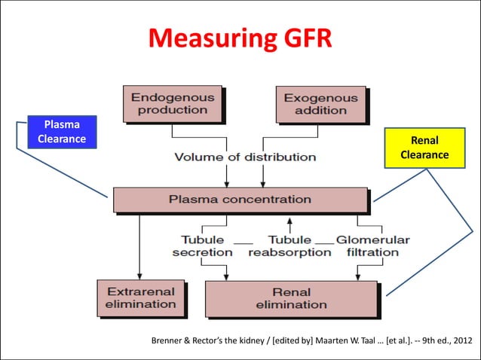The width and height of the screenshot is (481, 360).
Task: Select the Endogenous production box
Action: tap(173, 104)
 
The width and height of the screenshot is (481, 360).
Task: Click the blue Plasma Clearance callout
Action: tap(63, 131)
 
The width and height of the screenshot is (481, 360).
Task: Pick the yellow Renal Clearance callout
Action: tap(424, 147)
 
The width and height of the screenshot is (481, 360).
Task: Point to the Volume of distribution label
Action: tap(245, 157)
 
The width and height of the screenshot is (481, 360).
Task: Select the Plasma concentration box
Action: tap(240, 200)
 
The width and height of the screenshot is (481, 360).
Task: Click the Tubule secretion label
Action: tap(202, 246)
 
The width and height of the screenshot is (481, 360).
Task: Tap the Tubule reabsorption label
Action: tap(290, 246)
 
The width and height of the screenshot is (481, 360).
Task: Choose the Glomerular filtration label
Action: tap(372, 246)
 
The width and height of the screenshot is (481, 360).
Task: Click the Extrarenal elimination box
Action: tap(141, 297)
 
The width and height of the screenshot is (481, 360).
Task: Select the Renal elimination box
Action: tap(291, 298)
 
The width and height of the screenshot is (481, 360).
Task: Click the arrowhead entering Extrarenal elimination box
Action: tap(139, 276)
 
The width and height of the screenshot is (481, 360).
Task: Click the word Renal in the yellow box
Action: tap(424, 140)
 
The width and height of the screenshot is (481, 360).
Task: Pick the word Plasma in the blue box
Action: tap(63, 124)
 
